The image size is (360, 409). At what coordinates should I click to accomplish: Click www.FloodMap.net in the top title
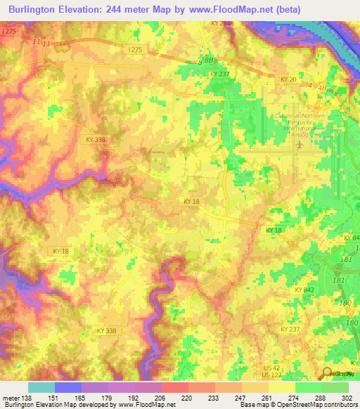tap(231, 9)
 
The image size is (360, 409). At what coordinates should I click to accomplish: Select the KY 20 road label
tap(288, 79)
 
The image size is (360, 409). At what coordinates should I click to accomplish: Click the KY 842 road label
tap(304, 290)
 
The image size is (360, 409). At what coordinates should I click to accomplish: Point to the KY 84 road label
tap(352, 238)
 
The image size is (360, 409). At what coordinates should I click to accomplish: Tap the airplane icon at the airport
tap(301, 144)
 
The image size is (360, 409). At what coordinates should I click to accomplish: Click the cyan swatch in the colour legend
tap(41, 387)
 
